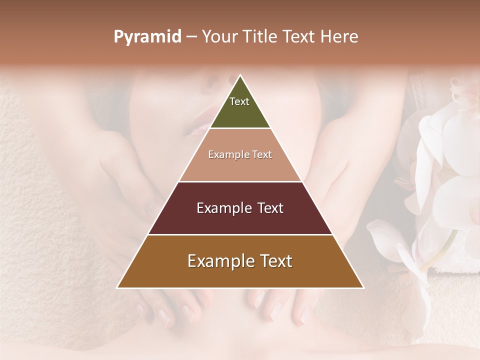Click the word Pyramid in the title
tap(147, 37)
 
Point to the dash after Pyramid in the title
tap(191, 37)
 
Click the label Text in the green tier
tap(239, 101)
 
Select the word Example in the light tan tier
tap(226, 155)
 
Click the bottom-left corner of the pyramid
tap(118, 287)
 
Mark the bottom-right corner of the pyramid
tap(362, 287)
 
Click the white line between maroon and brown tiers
tap(240, 234)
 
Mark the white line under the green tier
tap(240, 128)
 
